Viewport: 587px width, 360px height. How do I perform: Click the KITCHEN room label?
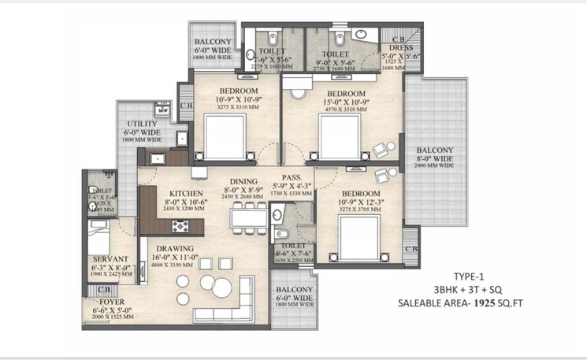pyautogui.click(x=186, y=193)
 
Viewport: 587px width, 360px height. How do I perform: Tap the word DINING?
pyautogui.click(x=244, y=180)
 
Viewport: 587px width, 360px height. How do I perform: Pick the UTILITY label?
pyautogui.click(x=141, y=124)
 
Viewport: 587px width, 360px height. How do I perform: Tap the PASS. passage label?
pyautogui.click(x=295, y=177)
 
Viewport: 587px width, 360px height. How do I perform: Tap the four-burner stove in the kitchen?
pyautogui.click(x=180, y=227)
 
